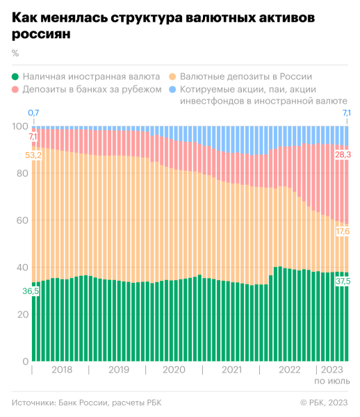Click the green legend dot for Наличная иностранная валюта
[x=15, y=76]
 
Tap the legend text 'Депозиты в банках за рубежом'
[x=87, y=90]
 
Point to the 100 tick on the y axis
[x=19, y=126]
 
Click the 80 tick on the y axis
[x=19, y=173]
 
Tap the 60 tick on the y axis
[x=19, y=220]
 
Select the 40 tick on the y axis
[x=19, y=268]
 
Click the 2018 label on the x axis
[x=62, y=370]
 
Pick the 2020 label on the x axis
[x=174, y=370]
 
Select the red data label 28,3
[x=343, y=154]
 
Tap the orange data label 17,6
[x=343, y=231]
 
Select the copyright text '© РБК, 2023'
[x=325, y=402]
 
